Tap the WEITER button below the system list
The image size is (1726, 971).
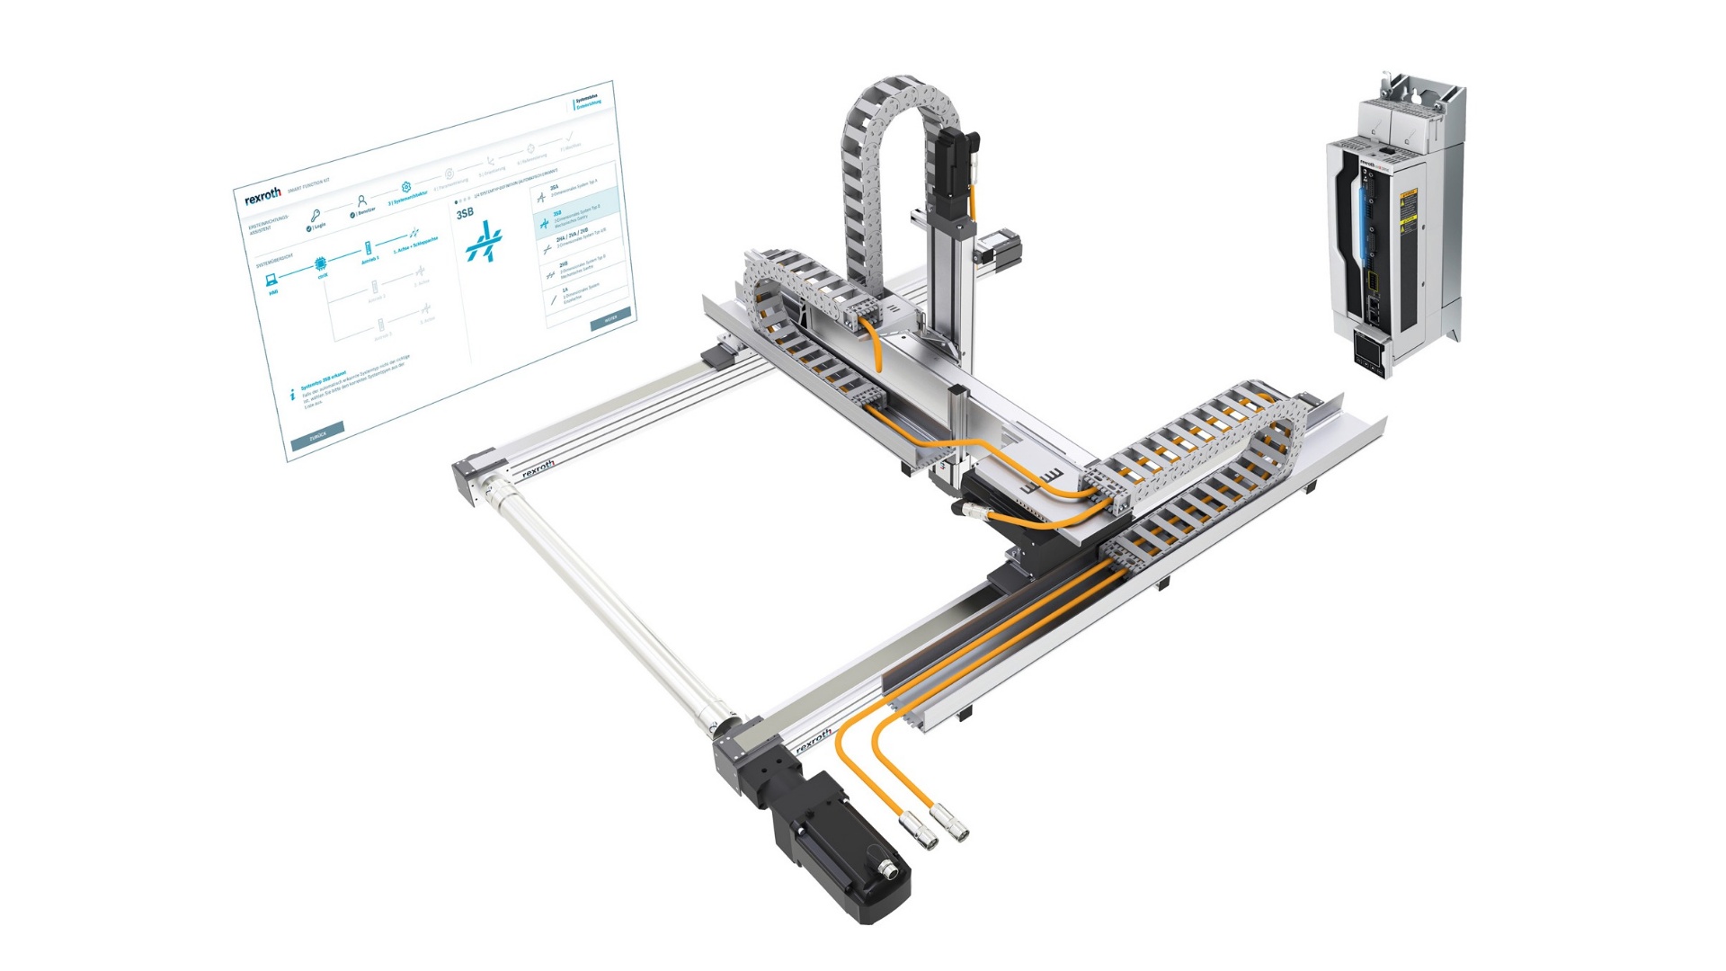pyautogui.click(x=611, y=318)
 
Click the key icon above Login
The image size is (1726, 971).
pyautogui.click(x=315, y=216)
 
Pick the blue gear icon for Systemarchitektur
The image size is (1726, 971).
pyautogui.click(x=406, y=187)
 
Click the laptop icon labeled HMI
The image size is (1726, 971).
pyautogui.click(x=271, y=281)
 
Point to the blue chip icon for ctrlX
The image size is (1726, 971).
pyautogui.click(x=320, y=264)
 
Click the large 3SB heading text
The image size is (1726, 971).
pyautogui.click(x=465, y=213)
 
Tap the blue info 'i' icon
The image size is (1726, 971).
pyautogui.click(x=292, y=395)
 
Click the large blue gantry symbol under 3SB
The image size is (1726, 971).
pyautogui.click(x=485, y=241)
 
